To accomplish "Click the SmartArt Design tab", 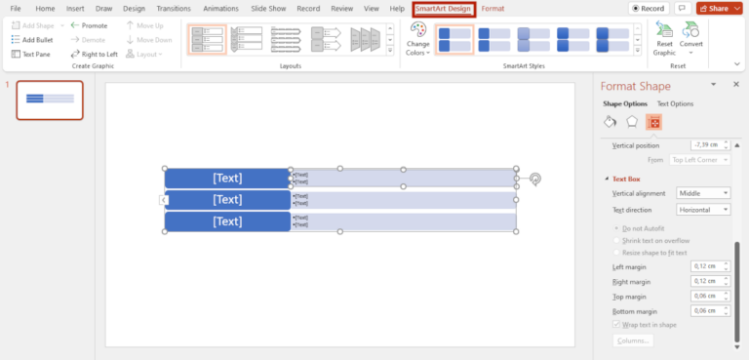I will pyautogui.click(x=444, y=9).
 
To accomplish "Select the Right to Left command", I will pyautogui.click(x=95, y=55).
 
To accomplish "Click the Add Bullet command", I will pyautogui.click(x=33, y=40).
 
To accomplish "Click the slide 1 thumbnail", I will pyautogui.click(x=50, y=100).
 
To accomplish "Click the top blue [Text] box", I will pyautogui.click(x=227, y=179).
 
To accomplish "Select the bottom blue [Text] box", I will pyautogui.click(x=227, y=221).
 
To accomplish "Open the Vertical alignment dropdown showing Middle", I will pyautogui.click(x=702, y=193).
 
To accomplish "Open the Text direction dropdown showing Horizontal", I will pyautogui.click(x=702, y=210).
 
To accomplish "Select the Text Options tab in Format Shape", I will pyautogui.click(x=675, y=103).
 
